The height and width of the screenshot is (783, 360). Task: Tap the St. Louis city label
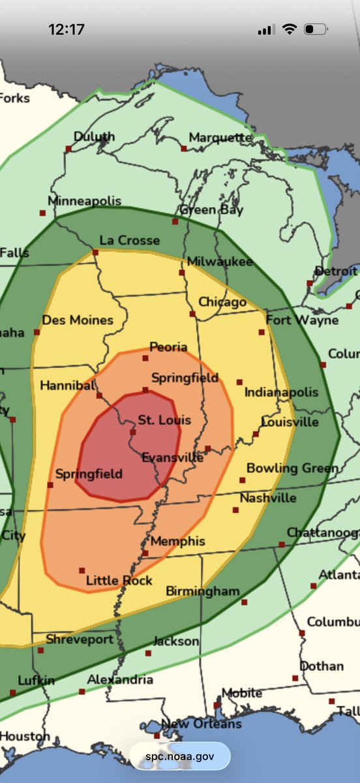(x=164, y=420)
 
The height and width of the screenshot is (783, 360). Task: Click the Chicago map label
(x=222, y=301)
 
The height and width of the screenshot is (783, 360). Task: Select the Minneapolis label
(x=84, y=201)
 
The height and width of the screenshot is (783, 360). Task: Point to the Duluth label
(x=94, y=137)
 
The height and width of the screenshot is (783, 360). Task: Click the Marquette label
(x=220, y=138)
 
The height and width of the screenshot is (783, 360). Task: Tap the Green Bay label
(x=211, y=210)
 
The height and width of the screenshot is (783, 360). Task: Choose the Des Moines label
(x=78, y=320)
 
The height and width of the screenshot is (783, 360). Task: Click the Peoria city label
(x=168, y=347)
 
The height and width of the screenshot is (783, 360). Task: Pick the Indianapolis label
(x=281, y=392)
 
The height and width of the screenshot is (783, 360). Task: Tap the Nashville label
(x=269, y=499)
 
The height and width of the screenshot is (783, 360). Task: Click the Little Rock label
(x=119, y=581)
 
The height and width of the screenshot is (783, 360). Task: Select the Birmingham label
(x=203, y=591)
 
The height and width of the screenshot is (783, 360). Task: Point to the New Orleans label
(x=201, y=724)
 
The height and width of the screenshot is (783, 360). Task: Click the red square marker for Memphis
(x=145, y=553)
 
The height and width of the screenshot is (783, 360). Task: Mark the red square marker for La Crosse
(x=95, y=252)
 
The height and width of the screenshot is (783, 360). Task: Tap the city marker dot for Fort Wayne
(x=262, y=332)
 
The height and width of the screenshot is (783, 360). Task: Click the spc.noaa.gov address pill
(x=179, y=756)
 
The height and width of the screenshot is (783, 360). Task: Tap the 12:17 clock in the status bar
(x=66, y=29)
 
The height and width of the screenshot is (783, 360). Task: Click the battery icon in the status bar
(x=316, y=29)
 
